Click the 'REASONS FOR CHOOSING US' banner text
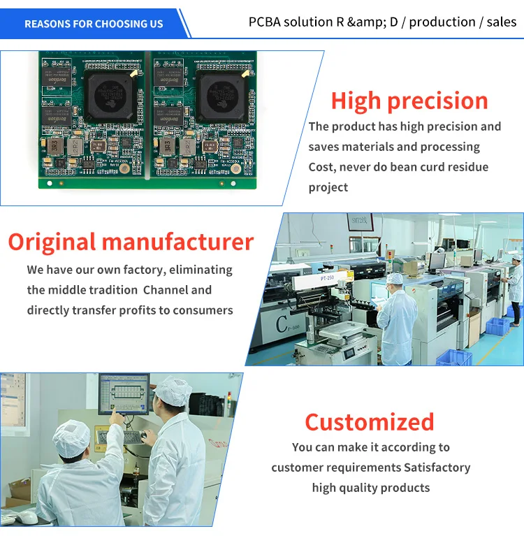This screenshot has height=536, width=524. click(x=94, y=24)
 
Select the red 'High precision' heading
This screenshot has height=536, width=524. click(x=409, y=101)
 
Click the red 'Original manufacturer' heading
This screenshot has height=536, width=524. click(x=131, y=242)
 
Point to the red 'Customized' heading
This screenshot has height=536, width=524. click(x=369, y=422)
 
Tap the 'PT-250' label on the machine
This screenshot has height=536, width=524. click(x=328, y=279)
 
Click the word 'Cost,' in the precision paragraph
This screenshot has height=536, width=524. click(x=323, y=167)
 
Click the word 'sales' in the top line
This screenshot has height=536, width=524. click(x=502, y=22)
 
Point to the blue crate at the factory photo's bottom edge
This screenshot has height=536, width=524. click(x=454, y=358)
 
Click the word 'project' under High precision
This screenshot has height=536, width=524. click(x=328, y=187)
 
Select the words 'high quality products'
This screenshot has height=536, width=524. click(x=370, y=488)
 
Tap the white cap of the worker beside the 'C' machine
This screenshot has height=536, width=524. click(x=395, y=280)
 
